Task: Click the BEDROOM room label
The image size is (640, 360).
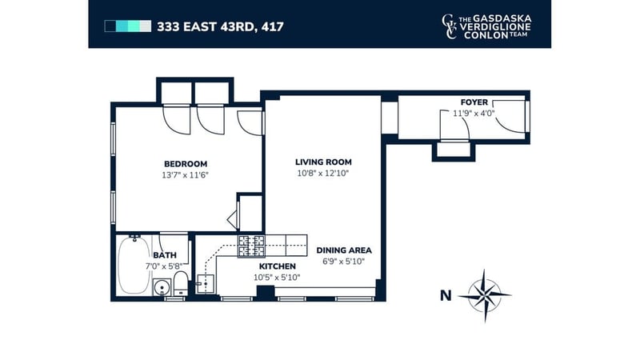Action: point(186,164)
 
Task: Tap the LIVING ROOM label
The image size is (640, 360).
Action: point(323,162)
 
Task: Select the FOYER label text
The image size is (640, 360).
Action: point(474,102)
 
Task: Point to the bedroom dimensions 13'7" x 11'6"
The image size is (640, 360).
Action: point(186,175)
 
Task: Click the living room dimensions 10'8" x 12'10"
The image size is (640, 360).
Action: point(323,173)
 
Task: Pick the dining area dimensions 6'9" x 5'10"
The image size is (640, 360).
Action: point(344,262)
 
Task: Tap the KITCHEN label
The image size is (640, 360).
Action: point(277,266)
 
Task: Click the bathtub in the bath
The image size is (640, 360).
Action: point(134,265)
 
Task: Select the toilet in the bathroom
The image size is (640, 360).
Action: point(181,283)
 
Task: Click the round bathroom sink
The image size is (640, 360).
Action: point(162,288)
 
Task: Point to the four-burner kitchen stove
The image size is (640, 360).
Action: point(251,246)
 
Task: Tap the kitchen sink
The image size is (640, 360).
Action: point(206,283)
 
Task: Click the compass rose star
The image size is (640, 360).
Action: point(485,295)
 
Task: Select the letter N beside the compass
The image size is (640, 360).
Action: point(446,295)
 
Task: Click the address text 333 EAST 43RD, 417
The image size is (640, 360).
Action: point(221,27)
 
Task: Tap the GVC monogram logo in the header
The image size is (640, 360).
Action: point(449,26)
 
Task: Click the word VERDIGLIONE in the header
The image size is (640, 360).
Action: point(495,27)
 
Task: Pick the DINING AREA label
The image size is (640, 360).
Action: point(344,250)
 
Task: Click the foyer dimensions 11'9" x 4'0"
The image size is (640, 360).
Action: point(474,114)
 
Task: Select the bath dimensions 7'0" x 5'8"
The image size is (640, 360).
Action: point(164,266)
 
